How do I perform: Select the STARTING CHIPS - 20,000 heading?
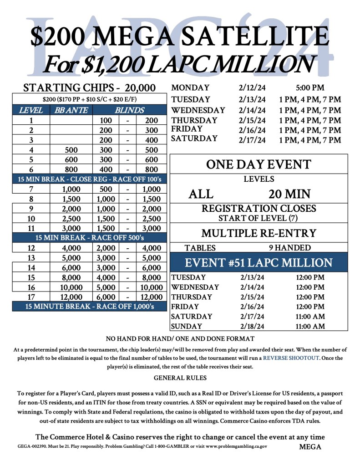coord(89,88)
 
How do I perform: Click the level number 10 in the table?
coord(31,218)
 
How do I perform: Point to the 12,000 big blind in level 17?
coord(152,297)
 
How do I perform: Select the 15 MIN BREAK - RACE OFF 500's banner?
coord(90,238)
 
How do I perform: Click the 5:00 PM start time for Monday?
coord(309,88)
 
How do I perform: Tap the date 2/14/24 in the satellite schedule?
coord(252,110)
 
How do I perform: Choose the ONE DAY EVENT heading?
coord(259,164)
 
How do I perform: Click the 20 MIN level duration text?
coord(289,195)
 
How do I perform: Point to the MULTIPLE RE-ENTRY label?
coord(259,233)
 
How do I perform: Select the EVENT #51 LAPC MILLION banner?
coord(259,263)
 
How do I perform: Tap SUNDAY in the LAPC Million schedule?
coord(186,326)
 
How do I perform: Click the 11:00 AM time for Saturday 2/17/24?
coord(310,316)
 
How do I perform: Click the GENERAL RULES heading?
coord(180,378)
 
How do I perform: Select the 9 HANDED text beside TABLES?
coord(290,248)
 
